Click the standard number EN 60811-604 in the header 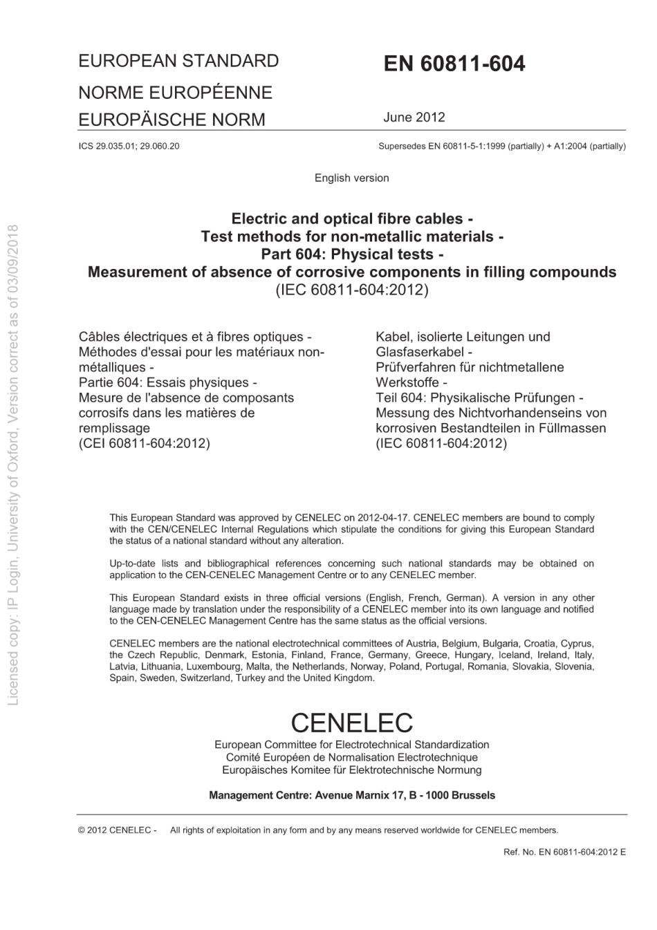(x=454, y=64)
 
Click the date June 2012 (x=414, y=117)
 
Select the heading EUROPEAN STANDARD (x=178, y=61)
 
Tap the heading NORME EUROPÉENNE (x=175, y=92)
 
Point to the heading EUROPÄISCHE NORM (x=172, y=120)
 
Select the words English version (x=351, y=178)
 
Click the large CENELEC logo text (x=351, y=723)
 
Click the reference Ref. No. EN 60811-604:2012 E (x=564, y=852)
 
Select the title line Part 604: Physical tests (x=351, y=254)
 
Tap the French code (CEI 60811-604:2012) (x=145, y=443)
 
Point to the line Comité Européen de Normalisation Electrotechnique (x=351, y=757)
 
